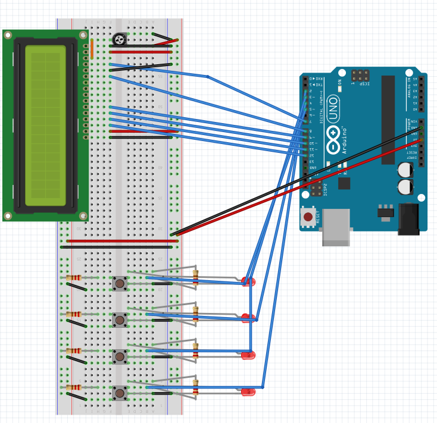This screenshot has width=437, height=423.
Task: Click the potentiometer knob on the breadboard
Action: click(x=119, y=40)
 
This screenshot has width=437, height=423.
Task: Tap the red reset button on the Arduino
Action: click(x=308, y=217)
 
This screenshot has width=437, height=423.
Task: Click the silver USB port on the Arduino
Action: click(x=336, y=227)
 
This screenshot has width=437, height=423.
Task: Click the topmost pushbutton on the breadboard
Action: click(x=120, y=283)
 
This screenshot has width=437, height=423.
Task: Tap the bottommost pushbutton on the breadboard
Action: click(x=120, y=393)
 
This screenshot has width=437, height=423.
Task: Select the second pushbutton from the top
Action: click(x=120, y=320)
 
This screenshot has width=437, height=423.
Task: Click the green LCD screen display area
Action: click(x=45, y=126)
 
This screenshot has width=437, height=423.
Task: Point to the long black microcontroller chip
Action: click(x=388, y=120)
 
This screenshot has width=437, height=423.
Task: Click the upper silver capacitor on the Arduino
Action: click(x=405, y=170)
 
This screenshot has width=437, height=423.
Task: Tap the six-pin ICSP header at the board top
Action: click(x=360, y=76)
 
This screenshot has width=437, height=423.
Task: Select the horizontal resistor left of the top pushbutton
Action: click(x=73, y=277)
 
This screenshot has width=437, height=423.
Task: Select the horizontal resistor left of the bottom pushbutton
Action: click(x=73, y=387)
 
